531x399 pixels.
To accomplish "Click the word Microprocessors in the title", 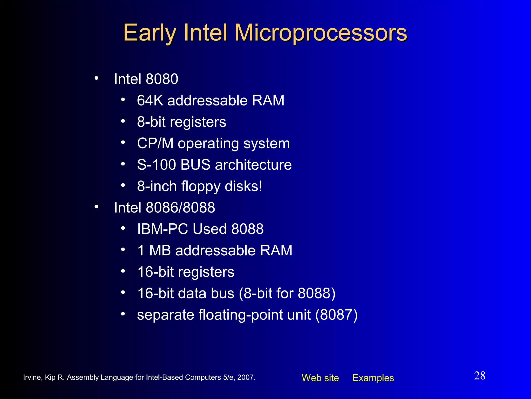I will pyautogui.click(x=321, y=33).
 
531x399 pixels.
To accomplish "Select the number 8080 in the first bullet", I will pyautogui.click(x=162, y=79).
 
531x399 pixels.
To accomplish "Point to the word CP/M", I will pyautogui.click(x=155, y=143).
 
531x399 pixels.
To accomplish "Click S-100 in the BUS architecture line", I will pyautogui.click(x=156, y=165).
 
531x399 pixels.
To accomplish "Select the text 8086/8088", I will pyautogui.click(x=180, y=208).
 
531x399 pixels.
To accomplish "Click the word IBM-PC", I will pyautogui.click(x=162, y=229).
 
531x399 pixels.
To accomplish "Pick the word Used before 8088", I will pyautogui.click(x=209, y=229).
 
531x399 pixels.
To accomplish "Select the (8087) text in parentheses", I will pyautogui.click(x=336, y=315).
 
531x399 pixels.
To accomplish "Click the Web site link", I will pyautogui.click(x=320, y=378).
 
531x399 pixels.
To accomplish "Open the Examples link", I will pyautogui.click(x=373, y=378).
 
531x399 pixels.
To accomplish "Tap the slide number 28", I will pyautogui.click(x=480, y=376).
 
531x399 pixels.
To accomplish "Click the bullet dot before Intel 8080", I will pyautogui.click(x=96, y=78).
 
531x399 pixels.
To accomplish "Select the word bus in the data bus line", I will pyautogui.click(x=222, y=294).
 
